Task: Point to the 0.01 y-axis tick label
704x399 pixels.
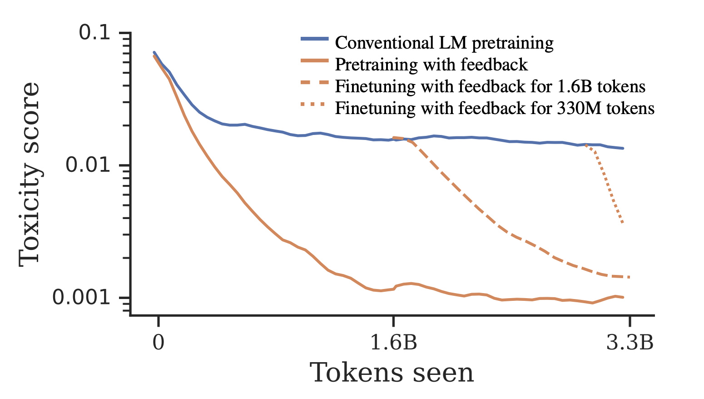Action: tap(89, 165)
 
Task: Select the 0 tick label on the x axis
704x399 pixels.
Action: tap(158, 343)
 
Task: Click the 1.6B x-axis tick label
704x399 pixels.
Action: tap(393, 343)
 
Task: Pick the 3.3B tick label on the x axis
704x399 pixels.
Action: tap(630, 343)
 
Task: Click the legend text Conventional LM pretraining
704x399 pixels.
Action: tap(444, 43)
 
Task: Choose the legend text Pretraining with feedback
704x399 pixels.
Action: tap(431, 65)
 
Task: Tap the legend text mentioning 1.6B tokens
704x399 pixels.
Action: tap(490, 86)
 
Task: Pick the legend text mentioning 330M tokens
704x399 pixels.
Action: tap(495, 108)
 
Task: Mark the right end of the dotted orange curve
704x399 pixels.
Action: tap(623, 223)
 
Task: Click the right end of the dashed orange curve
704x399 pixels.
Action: tap(629, 277)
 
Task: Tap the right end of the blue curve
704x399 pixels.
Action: tap(623, 148)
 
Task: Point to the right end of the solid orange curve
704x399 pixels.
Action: tap(623, 297)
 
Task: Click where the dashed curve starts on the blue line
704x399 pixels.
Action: tap(393, 137)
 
